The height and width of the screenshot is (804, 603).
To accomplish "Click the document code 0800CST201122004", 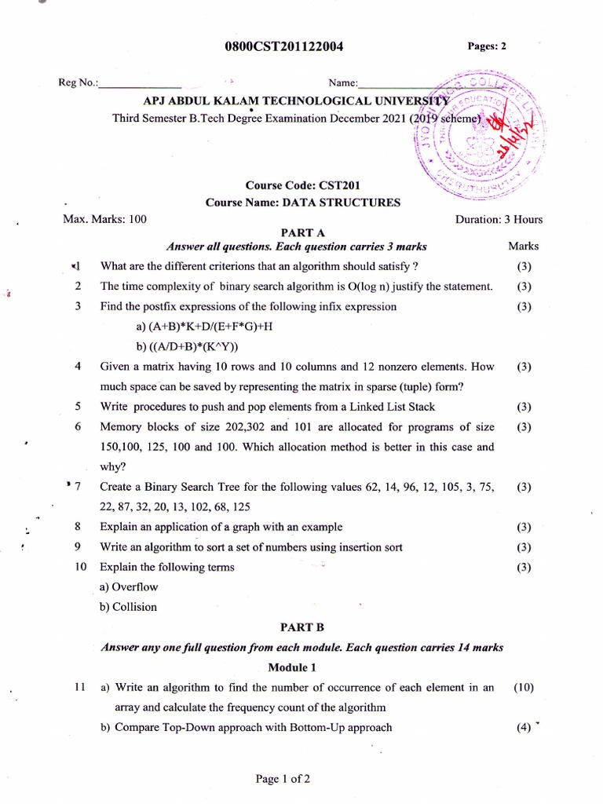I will (x=283, y=47).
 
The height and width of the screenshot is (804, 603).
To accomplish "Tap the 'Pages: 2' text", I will (x=487, y=46).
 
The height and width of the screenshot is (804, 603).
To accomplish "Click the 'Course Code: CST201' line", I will (x=302, y=186).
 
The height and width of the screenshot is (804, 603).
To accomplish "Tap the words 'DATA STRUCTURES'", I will (x=353, y=203).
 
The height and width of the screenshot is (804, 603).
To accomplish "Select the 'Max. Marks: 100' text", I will (x=104, y=220).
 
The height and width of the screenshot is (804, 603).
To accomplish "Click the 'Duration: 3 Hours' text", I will (x=499, y=220).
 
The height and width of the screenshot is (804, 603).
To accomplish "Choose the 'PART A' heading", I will (x=302, y=232).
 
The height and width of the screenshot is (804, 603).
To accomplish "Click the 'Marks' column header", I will (x=524, y=247).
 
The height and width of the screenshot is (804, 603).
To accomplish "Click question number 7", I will (x=78, y=487).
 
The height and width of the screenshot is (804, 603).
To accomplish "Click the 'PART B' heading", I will (x=302, y=628).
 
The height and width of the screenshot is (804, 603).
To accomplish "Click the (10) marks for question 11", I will (x=524, y=688).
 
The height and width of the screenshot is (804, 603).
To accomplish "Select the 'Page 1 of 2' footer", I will (x=283, y=780).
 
